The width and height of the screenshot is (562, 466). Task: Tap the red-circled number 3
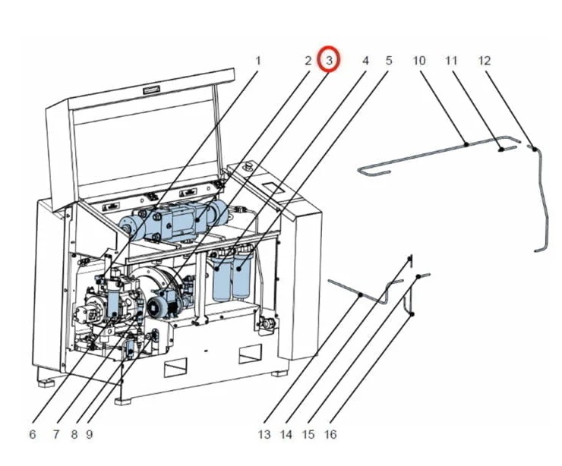pos(329,59)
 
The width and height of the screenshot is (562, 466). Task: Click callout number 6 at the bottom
pos(32,435)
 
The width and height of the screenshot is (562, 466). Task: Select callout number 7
pos(55,435)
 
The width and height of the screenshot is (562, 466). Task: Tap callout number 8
pos(74,435)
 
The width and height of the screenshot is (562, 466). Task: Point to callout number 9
pos(89,435)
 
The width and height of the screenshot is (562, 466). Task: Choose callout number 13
pos(264,435)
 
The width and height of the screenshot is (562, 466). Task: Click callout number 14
pos(286,435)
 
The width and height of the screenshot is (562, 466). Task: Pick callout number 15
pos(308,435)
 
